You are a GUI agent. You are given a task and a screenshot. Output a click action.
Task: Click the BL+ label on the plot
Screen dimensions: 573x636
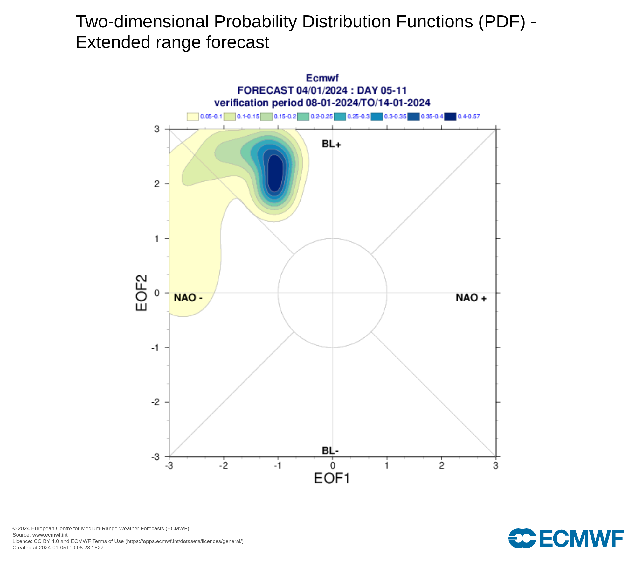331,144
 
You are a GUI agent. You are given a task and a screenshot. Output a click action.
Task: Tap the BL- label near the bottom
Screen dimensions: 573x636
330,451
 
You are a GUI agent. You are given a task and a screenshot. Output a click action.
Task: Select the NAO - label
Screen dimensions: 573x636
188,298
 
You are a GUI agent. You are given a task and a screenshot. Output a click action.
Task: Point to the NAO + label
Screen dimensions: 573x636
471,298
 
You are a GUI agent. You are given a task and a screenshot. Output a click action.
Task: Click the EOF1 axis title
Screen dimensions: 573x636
332,478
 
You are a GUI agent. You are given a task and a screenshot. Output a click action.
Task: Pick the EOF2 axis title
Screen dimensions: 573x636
142,293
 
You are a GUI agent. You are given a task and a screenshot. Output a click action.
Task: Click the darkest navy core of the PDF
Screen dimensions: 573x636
275,173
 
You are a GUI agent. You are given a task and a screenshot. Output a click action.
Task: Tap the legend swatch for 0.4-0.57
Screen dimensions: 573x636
450,117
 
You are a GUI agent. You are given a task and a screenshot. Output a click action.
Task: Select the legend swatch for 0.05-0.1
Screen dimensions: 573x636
193,117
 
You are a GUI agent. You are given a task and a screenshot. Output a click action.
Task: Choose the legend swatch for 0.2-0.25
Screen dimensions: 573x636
303,117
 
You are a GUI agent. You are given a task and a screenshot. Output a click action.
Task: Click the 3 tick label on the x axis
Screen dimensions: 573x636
495,466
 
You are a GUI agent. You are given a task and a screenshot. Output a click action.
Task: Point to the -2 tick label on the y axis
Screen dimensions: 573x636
155,402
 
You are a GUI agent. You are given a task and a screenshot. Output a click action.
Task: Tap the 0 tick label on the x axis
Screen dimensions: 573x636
333,466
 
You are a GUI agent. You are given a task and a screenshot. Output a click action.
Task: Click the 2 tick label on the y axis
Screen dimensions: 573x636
157,184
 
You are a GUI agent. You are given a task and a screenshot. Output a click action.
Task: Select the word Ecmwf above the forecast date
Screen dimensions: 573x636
322,78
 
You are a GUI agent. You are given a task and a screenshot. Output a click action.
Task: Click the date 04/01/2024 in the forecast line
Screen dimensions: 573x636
322,90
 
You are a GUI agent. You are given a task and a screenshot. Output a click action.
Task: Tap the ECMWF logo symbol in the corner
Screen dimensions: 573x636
522,538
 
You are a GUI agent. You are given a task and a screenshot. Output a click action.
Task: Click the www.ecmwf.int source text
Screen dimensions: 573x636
50,535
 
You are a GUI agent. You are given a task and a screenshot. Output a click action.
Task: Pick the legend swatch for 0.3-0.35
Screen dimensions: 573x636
377,117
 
